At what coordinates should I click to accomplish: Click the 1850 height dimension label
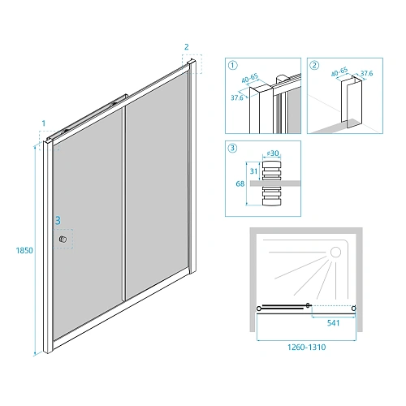pyautogui.click(x=24, y=250)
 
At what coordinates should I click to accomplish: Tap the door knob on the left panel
pyautogui.click(x=63, y=240)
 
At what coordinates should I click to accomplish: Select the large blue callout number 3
pyautogui.click(x=58, y=221)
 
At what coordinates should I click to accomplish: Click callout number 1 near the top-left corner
pyautogui.click(x=44, y=123)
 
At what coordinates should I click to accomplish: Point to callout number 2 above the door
pyautogui.click(x=187, y=47)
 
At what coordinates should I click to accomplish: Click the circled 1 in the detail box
pyautogui.click(x=233, y=65)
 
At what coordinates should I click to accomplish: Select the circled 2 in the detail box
pyautogui.click(x=314, y=65)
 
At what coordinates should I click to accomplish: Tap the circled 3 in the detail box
pyautogui.click(x=233, y=148)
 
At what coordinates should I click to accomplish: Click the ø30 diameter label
pyautogui.click(x=273, y=153)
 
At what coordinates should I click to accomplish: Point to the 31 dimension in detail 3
pyautogui.click(x=253, y=171)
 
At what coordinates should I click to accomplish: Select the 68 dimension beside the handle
pyautogui.click(x=240, y=184)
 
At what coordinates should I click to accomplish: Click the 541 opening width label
pyautogui.click(x=333, y=323)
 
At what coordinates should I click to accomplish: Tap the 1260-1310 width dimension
pyautogui.click(x=307, y=348)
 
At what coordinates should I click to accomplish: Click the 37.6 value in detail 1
pyautogui.click(x=237, y=97)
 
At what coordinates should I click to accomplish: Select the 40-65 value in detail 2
pyautogui.click(x=339, y=72)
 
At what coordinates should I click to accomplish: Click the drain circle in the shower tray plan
pyautogui.click(x=336, y=253)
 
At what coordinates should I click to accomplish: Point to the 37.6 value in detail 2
pyautogui.click(x=366, y=73)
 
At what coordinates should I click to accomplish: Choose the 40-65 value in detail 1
pyautogui.click(x=250, y=79)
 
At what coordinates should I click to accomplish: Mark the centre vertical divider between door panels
pyautogui.click(x=124, y=204)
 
